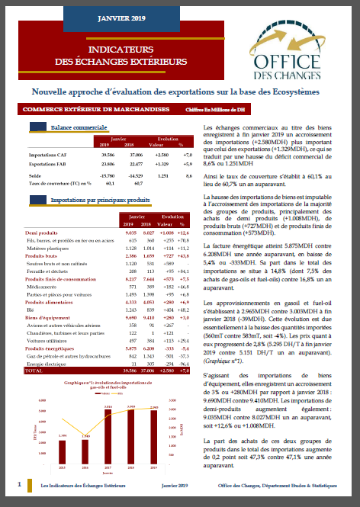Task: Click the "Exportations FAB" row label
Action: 47,163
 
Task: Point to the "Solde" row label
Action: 34,175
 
